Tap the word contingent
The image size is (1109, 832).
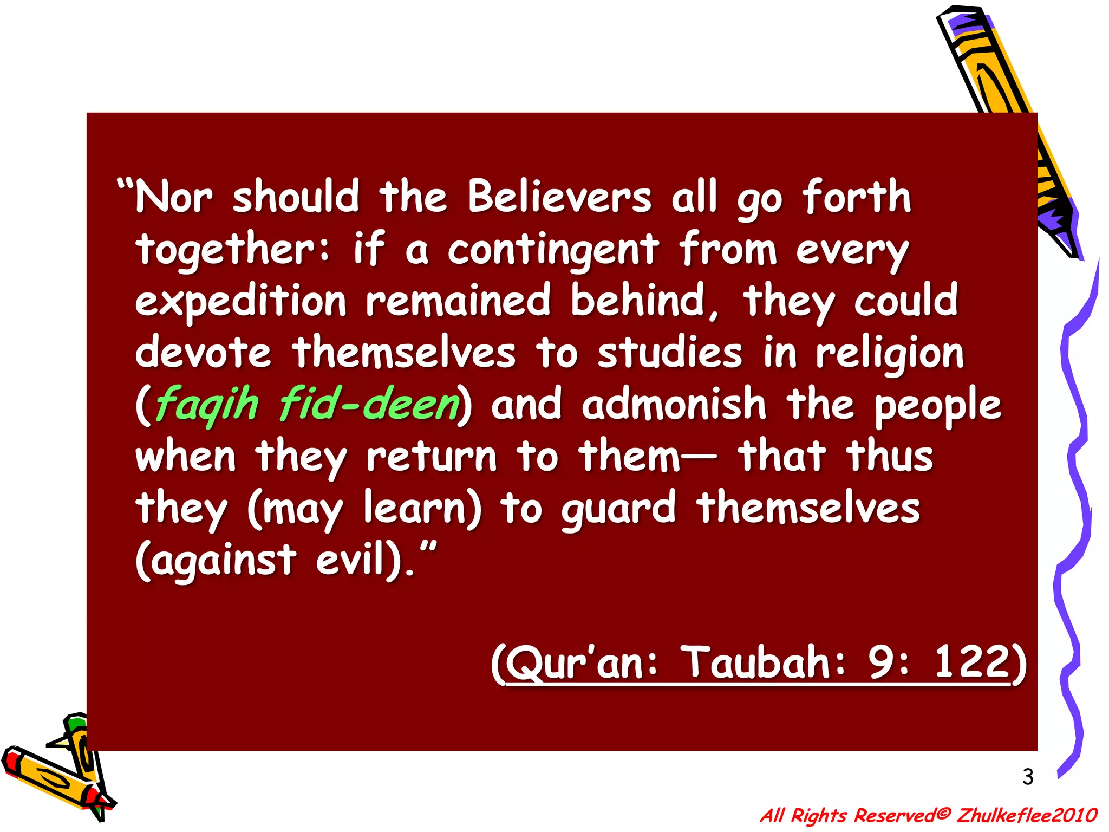click(553, 250)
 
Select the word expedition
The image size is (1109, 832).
click(240, 302)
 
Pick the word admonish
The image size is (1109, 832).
click(674, 404)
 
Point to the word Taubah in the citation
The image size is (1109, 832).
click(755, 662)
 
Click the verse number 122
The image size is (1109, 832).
click(971, 662)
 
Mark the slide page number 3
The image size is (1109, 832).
click(1028, 777)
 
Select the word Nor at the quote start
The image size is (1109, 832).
click(173, 196)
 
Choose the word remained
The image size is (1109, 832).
click(458, 301)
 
